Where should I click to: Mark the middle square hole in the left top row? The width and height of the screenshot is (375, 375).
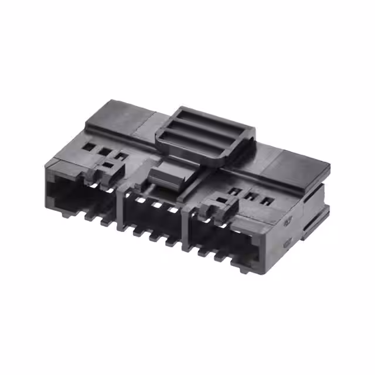105,151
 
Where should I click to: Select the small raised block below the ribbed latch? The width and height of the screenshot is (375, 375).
165,174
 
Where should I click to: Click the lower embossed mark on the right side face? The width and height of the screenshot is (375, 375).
287,243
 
